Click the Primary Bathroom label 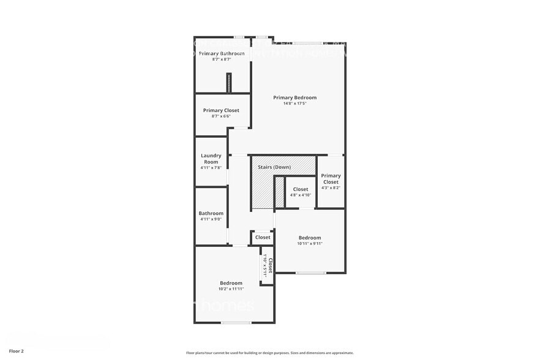(222, 53)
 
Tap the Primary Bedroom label (294, 97)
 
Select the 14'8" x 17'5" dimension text (294, 103)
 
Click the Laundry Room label (210, 159)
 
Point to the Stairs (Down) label (274, 167)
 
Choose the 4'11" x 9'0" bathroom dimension (211, 219)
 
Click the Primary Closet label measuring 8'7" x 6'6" (221, 110)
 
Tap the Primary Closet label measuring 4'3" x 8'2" (331, 179)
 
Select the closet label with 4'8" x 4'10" (301, 189)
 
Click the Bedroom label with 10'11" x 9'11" (309, 238)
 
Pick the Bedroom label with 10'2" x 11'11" (231, 283)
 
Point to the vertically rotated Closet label (270, 264)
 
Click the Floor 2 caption (16, 351)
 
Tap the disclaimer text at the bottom (269, 353)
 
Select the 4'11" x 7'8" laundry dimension (210, 168)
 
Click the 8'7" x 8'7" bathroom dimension (221, 59)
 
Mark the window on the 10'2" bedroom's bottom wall (236, 323)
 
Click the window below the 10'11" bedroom (310, 272)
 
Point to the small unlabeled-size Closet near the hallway (263, 237)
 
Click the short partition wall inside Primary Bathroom (229, 83)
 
